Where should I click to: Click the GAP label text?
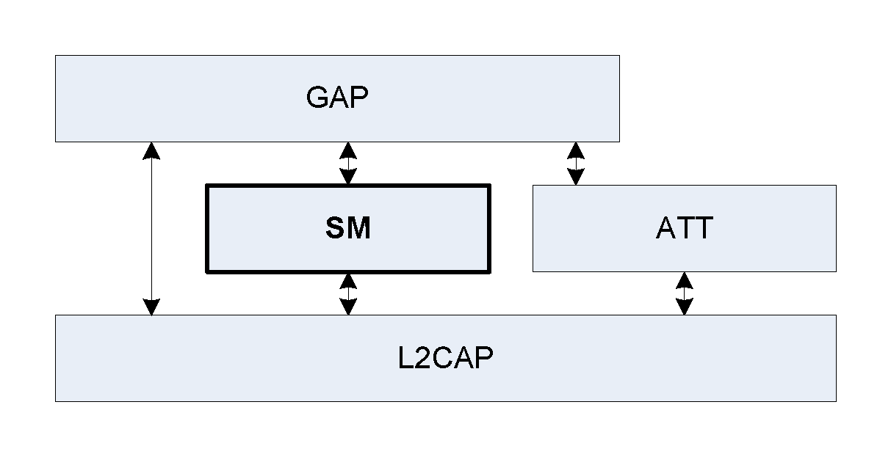pyautogui.click(x=336, y=98)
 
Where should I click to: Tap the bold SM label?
pyautogui.click(x=347, y=229)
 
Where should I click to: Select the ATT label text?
pyautogui.click(x=684, y=228)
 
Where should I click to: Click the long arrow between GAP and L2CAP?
pyautogui.click(x=151, y=228)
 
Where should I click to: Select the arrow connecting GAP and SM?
pyautogui.click(x=347, y=163)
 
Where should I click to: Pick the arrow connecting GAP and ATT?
pyautogui.click(x=576, y=163)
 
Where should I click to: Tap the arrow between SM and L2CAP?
pyautogui.click(x=348, y=293)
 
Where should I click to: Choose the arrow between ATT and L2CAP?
pyautogui.click(x=684, y=293)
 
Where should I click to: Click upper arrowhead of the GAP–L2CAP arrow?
pyautogui.click(x=151, y=150)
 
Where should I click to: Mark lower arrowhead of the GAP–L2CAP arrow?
pyautogui.click(x=151, y=307)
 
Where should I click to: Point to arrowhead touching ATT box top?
pyautogui.click(x=576, y=177)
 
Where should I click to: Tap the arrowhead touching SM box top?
pyautogui.click(x=347, y=177)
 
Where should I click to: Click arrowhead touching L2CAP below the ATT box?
pyautogui.click(x=684, y=307)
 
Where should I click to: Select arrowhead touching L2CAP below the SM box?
pyautogui.click(x=348, y=307)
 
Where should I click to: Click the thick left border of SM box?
pyautogui.click(x=207, y=229)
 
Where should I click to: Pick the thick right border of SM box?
pyautogui.click(x=488, y=229)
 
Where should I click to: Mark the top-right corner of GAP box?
pyautogui.click(x=618, y=56)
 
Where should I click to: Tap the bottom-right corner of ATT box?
pyautogui.click(x=835, y=271)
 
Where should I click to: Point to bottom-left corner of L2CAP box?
pyautogui.click(x=56, y=401)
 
